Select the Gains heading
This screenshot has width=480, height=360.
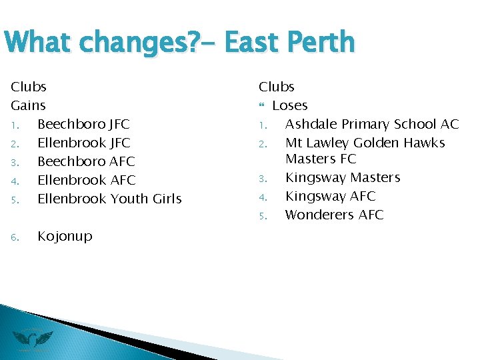(28, 105)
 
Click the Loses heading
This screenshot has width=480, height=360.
(290, 105)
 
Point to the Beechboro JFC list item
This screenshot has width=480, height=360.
(83, 124)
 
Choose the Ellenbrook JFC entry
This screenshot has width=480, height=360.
(83, 143)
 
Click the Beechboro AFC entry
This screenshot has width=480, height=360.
(86, 161)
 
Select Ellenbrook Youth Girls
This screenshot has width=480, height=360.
(109, 199)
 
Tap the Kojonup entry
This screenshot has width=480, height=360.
(65, 236)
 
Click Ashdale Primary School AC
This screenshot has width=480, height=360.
(372, 124)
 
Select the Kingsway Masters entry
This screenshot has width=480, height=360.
(343, 177)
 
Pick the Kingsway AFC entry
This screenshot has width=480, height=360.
(330, 196)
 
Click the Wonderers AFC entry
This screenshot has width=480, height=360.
(334, 215)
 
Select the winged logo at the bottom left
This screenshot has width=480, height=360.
(33, 339)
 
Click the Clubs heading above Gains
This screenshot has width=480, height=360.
(29, 87)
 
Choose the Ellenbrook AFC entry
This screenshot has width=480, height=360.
(86, 180)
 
